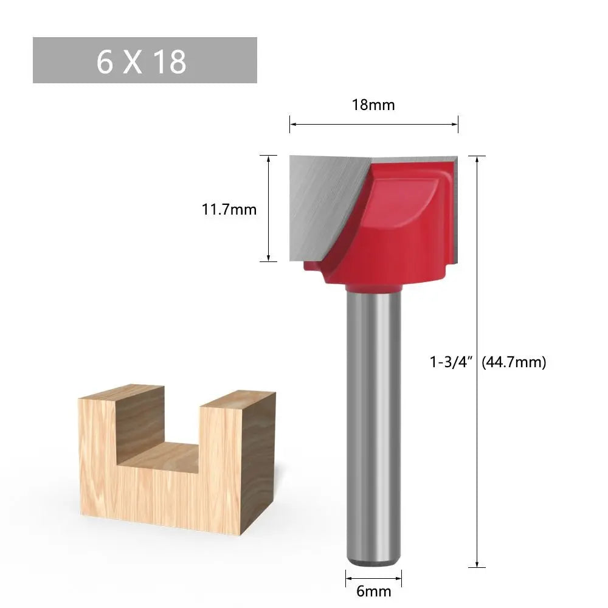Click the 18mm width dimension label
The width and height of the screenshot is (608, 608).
[373, 105]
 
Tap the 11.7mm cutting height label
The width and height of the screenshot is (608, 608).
[229, 210]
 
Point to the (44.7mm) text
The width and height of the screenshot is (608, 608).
[514, 362]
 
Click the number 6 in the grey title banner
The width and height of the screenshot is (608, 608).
[105, 61]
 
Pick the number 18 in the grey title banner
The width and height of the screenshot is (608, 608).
[170, 61]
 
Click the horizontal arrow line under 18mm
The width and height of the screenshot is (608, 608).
[373, 124]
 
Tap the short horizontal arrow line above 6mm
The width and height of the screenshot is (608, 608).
[373, 574]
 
